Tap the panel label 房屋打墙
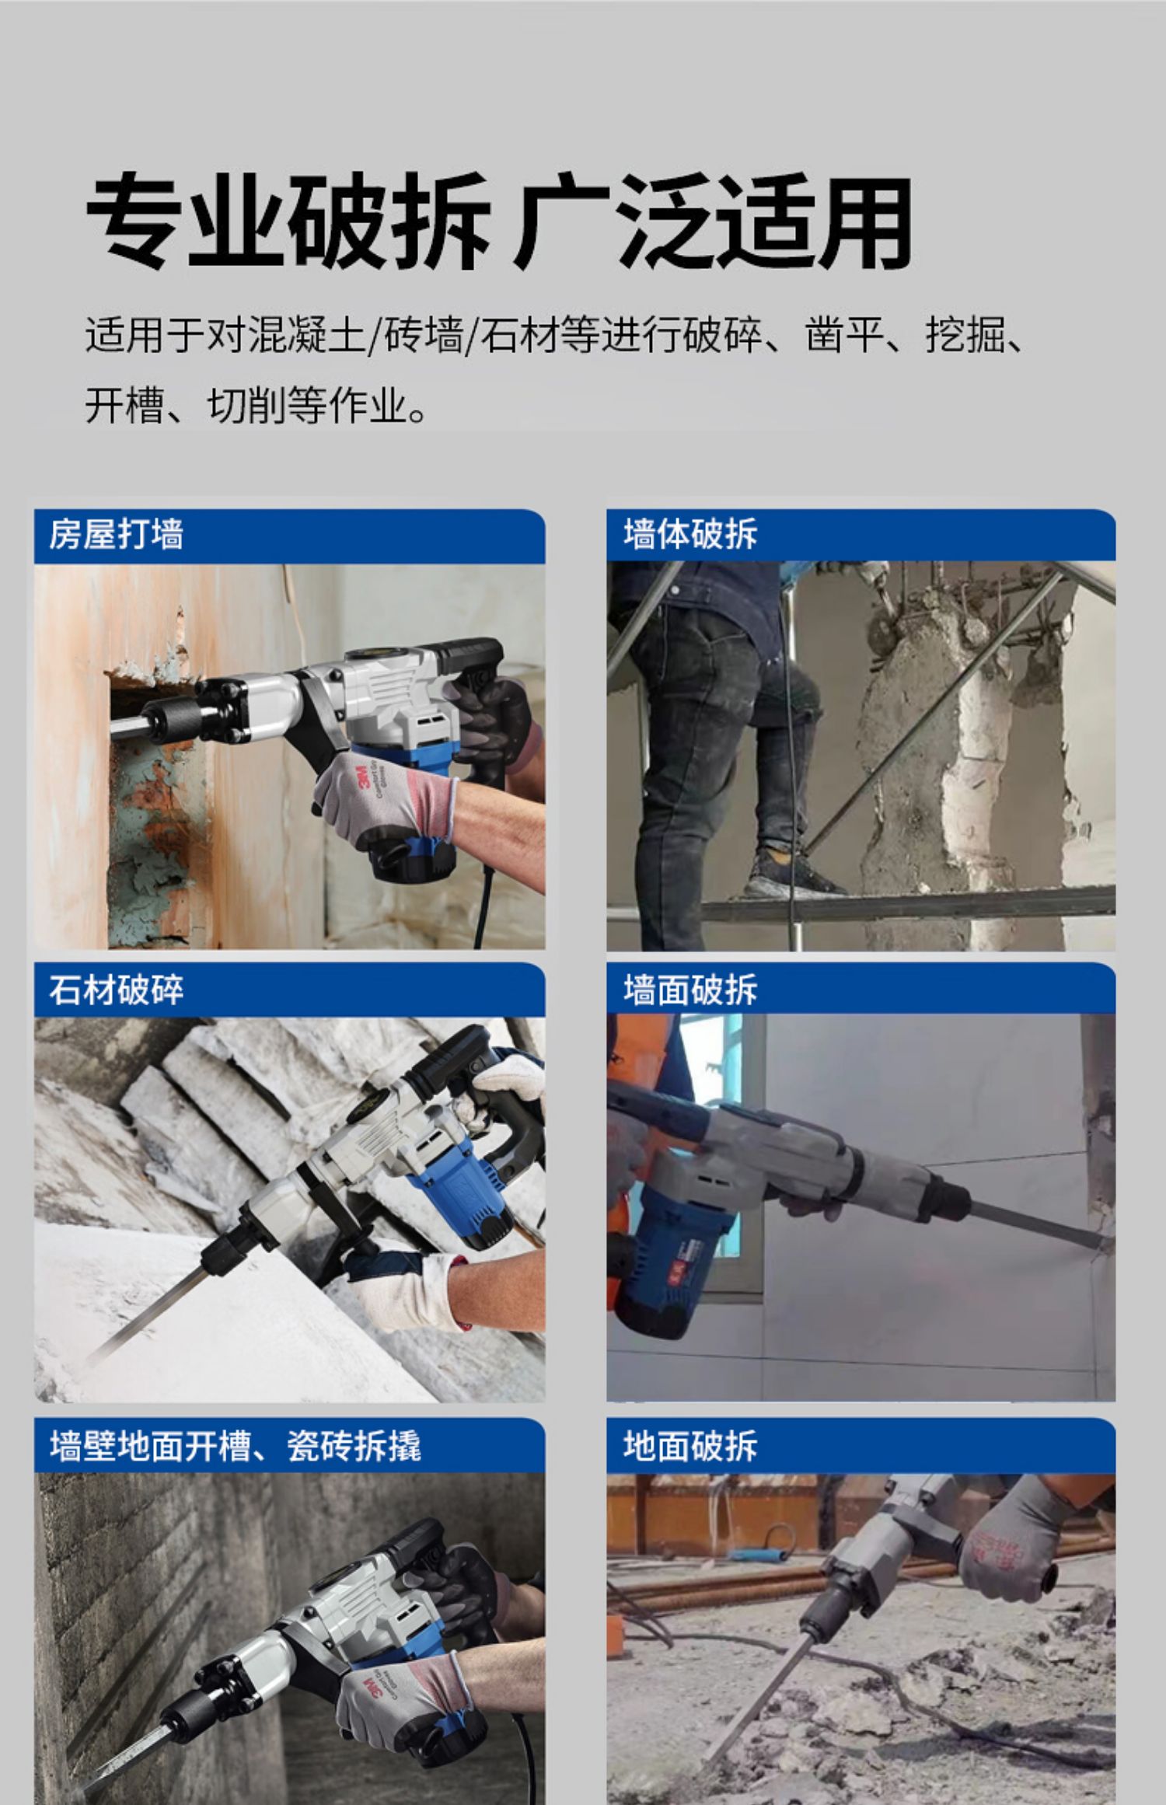117,535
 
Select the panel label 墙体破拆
689,535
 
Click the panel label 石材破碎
117,990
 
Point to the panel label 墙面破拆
689,990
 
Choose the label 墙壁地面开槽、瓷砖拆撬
235,1446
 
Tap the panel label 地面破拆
689,1446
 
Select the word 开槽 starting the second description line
124,406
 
